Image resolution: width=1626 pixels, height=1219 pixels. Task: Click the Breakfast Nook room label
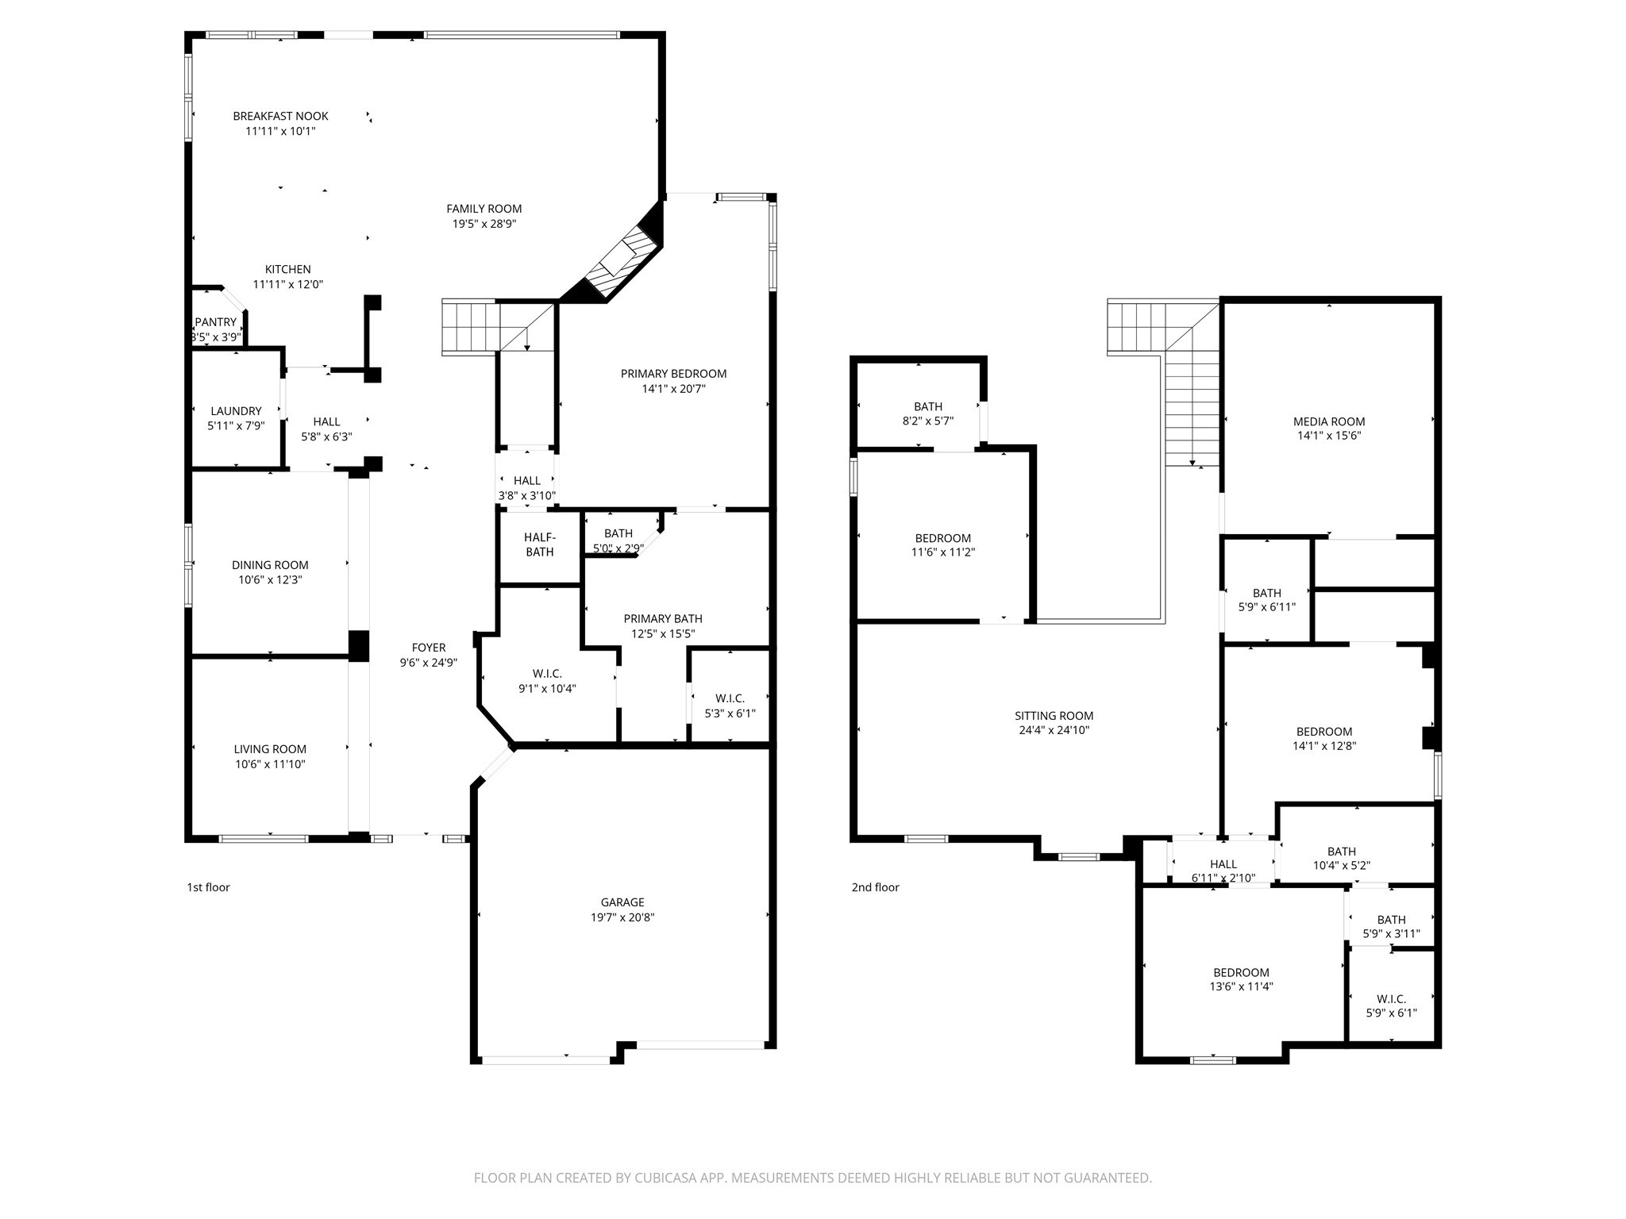point(280,116)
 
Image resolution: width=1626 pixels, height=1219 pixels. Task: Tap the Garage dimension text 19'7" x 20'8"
point(622,917)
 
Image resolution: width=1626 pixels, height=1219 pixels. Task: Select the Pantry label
point(216,322)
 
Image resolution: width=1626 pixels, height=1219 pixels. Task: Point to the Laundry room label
point(236,411)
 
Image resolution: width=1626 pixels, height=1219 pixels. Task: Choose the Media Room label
point(1329,421)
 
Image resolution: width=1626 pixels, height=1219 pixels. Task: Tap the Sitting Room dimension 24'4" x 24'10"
point(1054,730)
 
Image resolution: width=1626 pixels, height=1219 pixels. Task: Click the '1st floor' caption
point(208,887)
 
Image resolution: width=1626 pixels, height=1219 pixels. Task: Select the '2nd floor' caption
point(876,887)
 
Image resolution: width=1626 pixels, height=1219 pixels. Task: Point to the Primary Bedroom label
point(674,374)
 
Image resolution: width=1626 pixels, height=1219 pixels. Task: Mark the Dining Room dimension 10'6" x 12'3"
point(270,580)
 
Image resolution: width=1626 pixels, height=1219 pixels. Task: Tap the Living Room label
point(270,749)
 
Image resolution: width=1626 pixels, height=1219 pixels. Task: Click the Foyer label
point(429,648)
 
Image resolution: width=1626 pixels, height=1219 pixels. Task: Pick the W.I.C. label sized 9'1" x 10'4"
point(547,674)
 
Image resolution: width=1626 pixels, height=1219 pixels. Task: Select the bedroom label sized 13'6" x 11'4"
point(1241,973)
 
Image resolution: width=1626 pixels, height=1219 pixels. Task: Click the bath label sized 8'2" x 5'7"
point(928,407)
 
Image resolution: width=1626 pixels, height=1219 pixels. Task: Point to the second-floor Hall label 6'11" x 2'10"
point(1223,864)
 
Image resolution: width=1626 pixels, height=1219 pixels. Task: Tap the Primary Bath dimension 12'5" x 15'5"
point(663,634)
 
